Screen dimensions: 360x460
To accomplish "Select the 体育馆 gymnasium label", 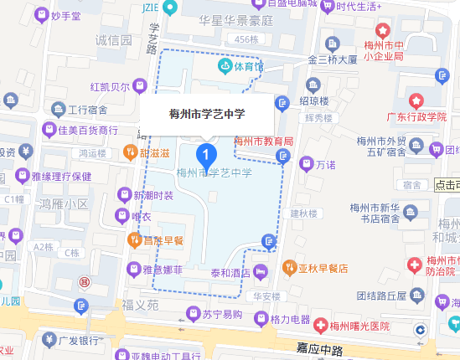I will click(248, 65).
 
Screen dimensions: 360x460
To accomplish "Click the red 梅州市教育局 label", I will click(263, 142).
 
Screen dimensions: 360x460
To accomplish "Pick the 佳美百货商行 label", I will click(88, 130).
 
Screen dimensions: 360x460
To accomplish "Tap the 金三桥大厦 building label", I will click(333, 60).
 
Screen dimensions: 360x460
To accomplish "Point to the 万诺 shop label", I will click(326, 164).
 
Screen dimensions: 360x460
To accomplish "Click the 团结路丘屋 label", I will click(381, 295).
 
